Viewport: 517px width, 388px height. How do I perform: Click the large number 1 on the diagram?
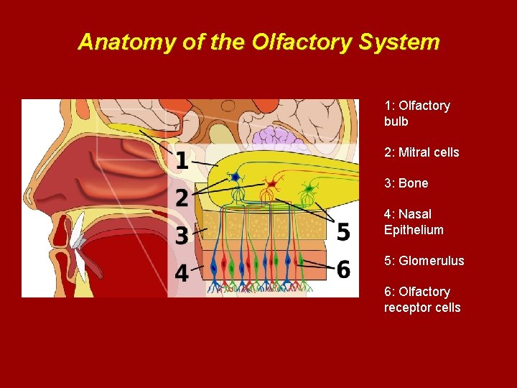tap(183, 160)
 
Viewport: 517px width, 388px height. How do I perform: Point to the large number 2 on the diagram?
tap(182, 198)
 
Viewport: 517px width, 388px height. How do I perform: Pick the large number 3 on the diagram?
tap(182, 235)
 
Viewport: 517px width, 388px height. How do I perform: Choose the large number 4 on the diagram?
tap(182, 273)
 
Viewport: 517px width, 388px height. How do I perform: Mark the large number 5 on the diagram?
tap(343, 232)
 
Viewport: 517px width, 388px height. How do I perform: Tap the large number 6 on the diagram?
tap(343, 269)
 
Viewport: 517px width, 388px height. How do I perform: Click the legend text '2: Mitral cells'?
tap(421, 152)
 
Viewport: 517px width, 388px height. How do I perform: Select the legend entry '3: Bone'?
tap(406, 183)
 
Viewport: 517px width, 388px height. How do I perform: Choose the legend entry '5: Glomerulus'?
tap(424, 261)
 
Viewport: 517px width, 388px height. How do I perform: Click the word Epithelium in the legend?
tap(414, 230)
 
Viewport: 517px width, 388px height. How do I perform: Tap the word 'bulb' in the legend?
tap(396, 121)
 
